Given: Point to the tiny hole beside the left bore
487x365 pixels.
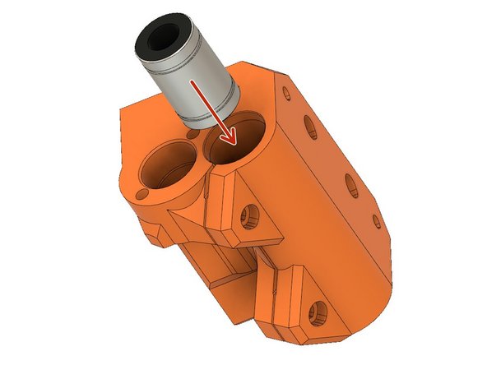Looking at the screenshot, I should [142, 193].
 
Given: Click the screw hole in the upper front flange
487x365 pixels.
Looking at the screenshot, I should [245, 219].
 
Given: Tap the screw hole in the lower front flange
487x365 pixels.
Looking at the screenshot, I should [318, 313].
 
